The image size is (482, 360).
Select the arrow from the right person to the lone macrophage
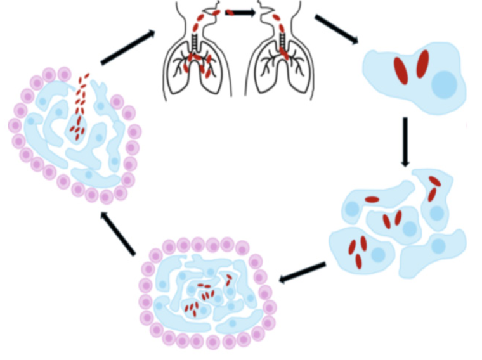[336, 29]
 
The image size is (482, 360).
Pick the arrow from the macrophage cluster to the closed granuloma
[303, 272]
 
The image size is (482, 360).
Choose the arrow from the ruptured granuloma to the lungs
[127, 48]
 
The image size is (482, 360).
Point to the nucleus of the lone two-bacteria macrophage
[445, 84]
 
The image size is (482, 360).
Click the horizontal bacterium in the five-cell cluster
[372, 200]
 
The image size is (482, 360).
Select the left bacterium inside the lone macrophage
[401, 70]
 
